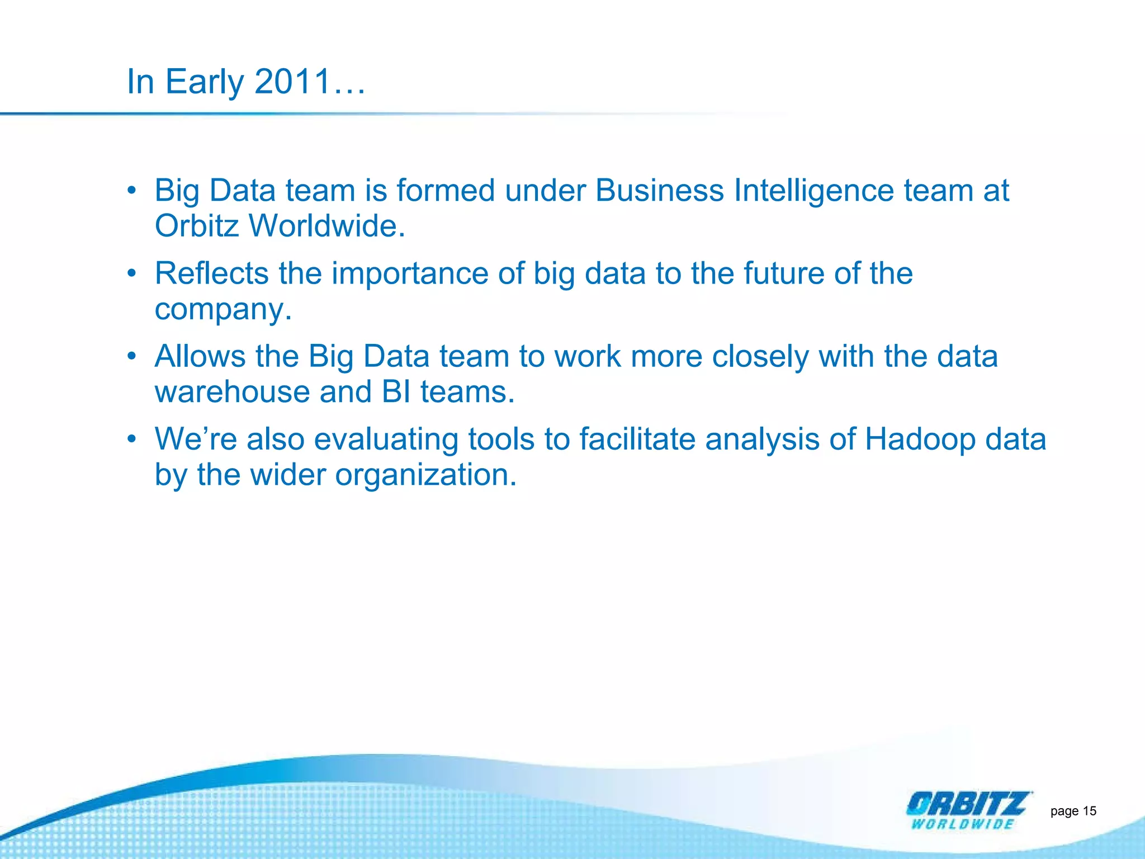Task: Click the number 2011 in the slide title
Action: pyautogui.click(x=293, y=82)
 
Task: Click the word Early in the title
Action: pyautogui.click(x=204, y=83)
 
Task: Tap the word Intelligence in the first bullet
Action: pyautogui.click(x=813, y=191)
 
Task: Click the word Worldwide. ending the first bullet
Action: pyautogui.click(x=327, y=226)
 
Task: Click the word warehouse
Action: pyautogui.click(x=231, y=392)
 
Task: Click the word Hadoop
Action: pyautogui.click(x=920, y=440)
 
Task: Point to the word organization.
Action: pyautogui.click(x=425, y=475)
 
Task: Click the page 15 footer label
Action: pyautogui.click(x=1073, y=811)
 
